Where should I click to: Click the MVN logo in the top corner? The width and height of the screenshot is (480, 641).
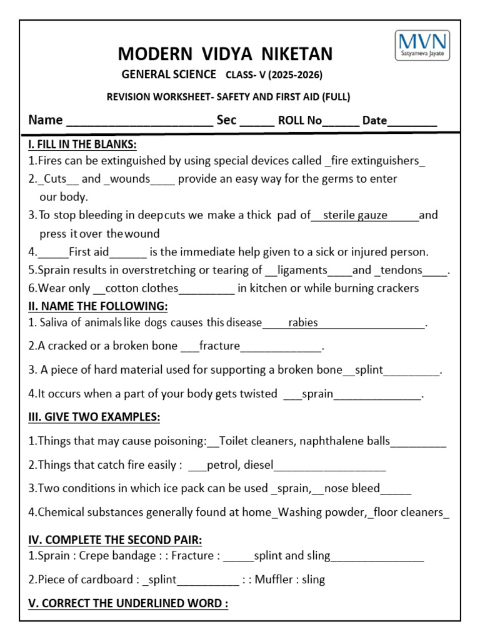tap(422, 46)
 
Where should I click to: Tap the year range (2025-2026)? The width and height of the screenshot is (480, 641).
tap(293, 75)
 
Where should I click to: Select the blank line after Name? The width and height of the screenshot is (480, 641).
tap(139, 121)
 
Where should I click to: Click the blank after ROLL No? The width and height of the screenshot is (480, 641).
tap(341, 121)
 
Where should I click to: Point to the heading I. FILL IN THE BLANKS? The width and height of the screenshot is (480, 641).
tap(82, 144)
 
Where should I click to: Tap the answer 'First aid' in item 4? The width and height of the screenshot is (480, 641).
tap(89, 252)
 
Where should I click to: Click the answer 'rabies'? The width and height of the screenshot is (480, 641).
tap(303, 323)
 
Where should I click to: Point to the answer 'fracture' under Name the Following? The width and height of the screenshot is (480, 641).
tap(219, 346)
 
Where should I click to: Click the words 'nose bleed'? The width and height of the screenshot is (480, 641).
tap(353, 488)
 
